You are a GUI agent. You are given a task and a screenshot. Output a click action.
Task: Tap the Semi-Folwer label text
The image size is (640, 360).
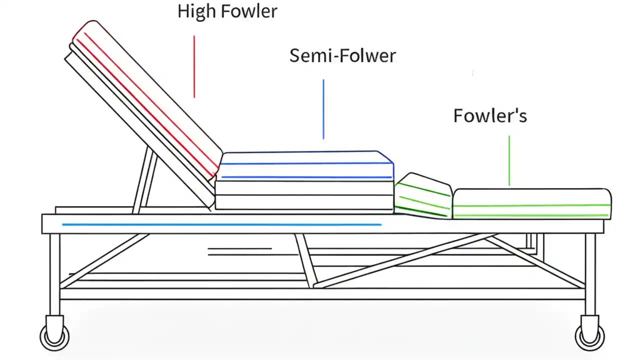point(342,55)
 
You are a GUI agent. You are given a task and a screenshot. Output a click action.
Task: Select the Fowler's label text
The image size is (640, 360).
point(490,116)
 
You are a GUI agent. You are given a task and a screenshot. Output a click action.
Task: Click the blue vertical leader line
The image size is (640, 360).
point(323,108)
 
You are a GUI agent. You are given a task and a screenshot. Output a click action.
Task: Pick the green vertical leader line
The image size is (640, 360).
point(509,160)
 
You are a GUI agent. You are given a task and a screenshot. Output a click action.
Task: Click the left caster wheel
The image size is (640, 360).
point(54,335)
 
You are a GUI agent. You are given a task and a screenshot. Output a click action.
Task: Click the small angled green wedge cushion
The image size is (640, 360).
point(422,196)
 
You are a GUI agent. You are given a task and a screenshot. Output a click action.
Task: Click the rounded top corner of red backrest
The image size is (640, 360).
point(87,26)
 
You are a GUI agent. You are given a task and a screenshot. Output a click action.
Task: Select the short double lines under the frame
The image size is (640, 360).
point(239,251)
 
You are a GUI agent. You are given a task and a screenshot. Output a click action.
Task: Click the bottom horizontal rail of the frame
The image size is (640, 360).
point(320,294)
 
